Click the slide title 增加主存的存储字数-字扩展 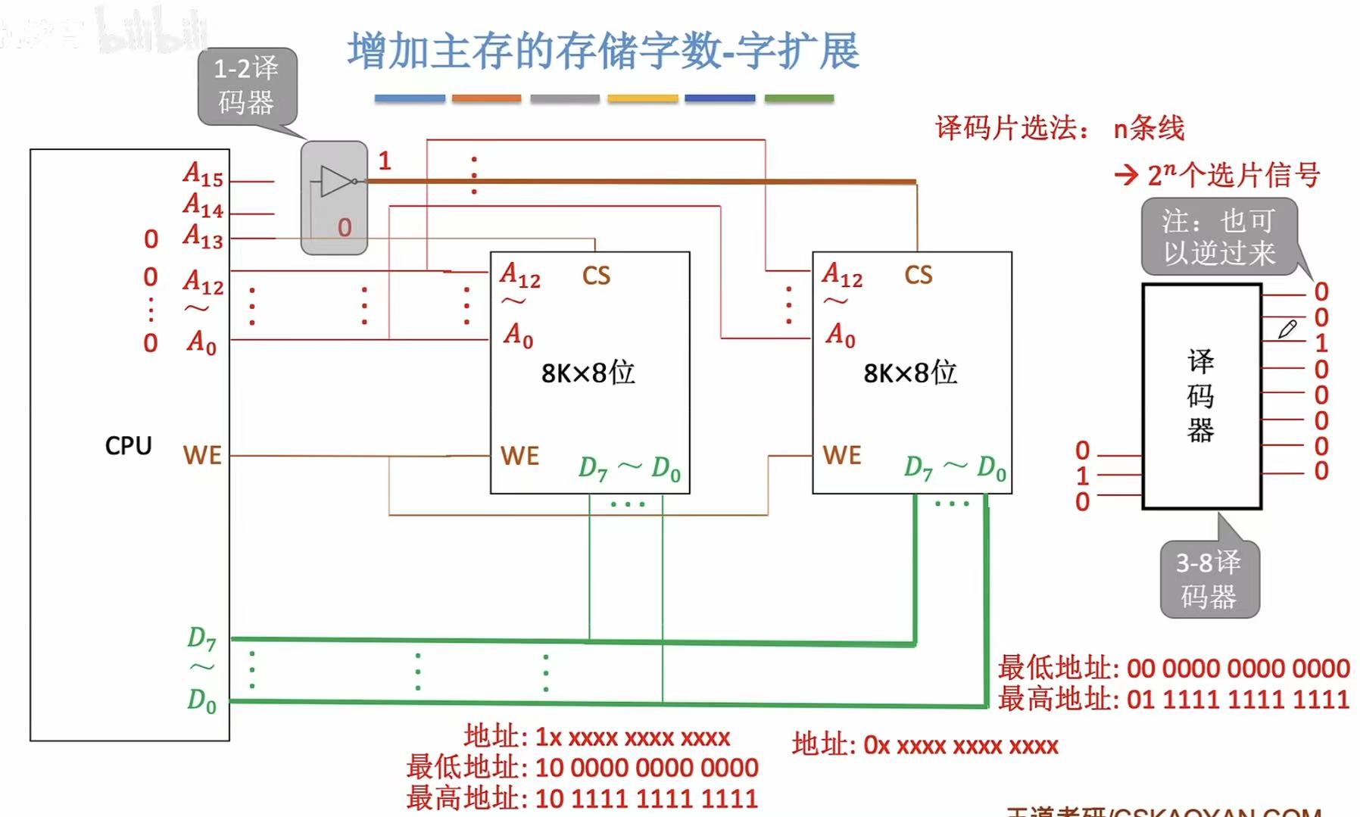[x=603, y=51]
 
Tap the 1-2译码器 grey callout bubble [x=247, y=86]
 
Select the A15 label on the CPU [x=203, y=174]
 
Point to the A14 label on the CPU [x=203, y=205]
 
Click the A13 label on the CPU [x=203, y=236]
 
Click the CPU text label [x=128, y=446]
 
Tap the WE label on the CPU [x=202, y=456]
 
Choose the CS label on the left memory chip [x=596, y=276]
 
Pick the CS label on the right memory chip [x=918, y=275]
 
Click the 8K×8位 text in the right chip [x=910, y=373]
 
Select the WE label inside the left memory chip [x=519, y=456]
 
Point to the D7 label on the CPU [x=201, y=639]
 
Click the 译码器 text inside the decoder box [x=1200, y=395]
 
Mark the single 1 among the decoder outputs [x=1321, y=343]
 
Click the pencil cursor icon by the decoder [x=1287, y=329]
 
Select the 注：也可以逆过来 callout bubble [x=1219, y=236]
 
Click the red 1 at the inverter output [x=385, y=161]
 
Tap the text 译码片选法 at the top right [x=1006, y=129]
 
